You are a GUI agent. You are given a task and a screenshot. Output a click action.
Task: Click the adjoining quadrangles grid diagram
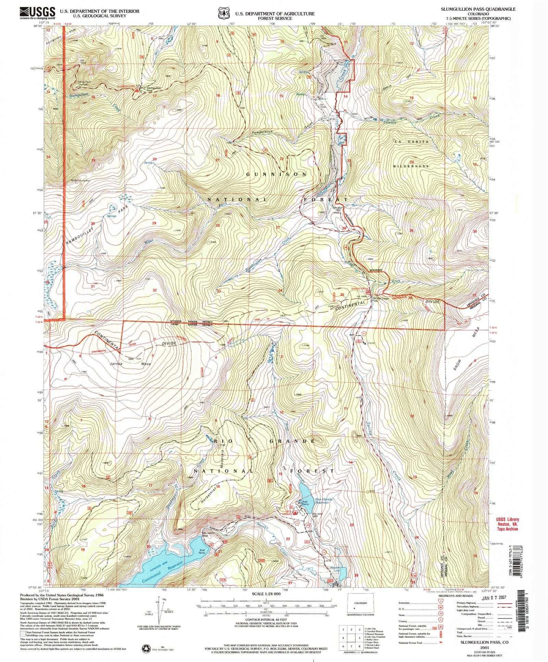pyautogui.click(x=351, y=638)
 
